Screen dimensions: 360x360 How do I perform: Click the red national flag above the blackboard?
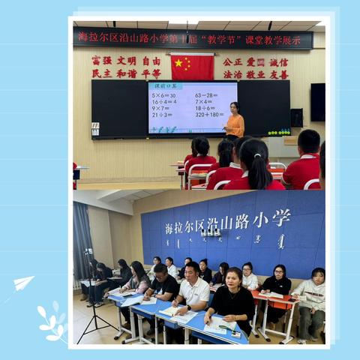(192, 66)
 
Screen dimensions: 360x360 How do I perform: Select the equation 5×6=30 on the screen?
(163, 95)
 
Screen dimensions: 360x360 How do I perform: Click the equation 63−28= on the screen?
(206, 95)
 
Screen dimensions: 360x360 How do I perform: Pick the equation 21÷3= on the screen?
(162, 115)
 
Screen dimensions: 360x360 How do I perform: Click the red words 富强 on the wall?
(101, 60)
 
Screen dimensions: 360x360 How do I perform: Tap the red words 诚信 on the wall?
(278, 62)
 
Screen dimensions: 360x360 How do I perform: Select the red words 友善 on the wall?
(278, 74)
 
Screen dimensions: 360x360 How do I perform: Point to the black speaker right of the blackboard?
(297, 118)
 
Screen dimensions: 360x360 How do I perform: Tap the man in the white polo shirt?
(193, 289)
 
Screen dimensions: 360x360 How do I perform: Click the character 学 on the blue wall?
(281, 218)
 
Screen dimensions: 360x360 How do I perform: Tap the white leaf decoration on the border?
(53, 323)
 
